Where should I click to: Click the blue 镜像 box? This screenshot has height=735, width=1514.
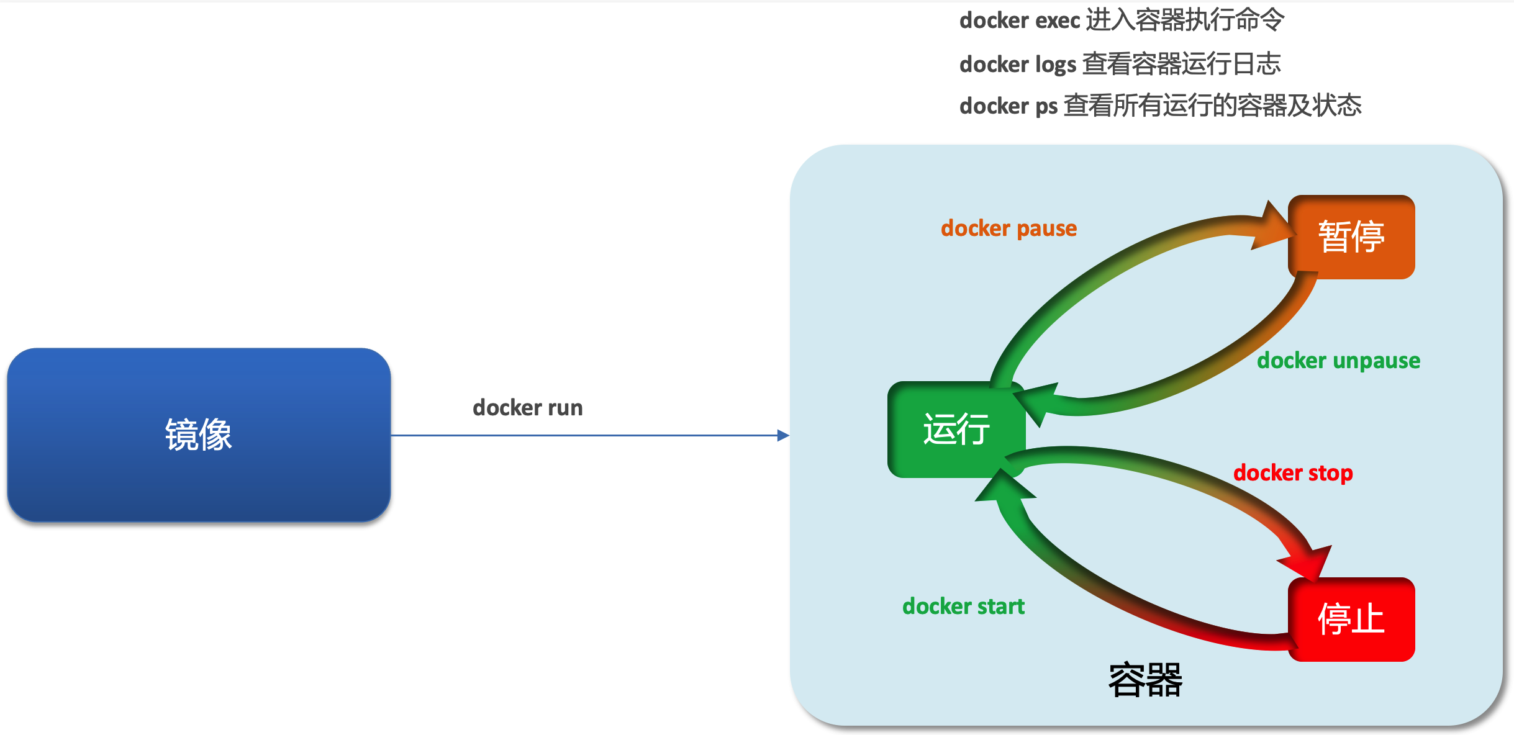[x=199, y=435]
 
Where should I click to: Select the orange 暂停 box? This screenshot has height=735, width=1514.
[x=1351, y=237]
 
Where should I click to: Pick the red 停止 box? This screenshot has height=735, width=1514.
[x=1351, y=619]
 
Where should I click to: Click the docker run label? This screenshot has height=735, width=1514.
[x=527, y=408]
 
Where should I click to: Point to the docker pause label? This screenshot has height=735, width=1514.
[x=1009, y=228]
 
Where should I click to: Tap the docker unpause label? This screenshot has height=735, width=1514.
[x=1338, y=361]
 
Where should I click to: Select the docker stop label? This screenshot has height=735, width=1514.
[x=1293, y=473]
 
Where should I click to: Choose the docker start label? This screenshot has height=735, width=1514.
[x=963, y=606]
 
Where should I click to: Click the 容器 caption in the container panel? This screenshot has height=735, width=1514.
[x=1145, y=680]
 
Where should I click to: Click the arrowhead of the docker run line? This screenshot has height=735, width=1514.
[x=783, y=435]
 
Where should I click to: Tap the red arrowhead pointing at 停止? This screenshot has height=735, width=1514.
[x=1308, y=562]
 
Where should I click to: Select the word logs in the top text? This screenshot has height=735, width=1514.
[x=1056, y=65]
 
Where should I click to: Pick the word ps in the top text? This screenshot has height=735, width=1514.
[x=1046, y=106]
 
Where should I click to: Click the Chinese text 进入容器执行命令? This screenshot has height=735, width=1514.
[x=1185, y=20]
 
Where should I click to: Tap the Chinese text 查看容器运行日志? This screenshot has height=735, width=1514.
[x=1181, y=63]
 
